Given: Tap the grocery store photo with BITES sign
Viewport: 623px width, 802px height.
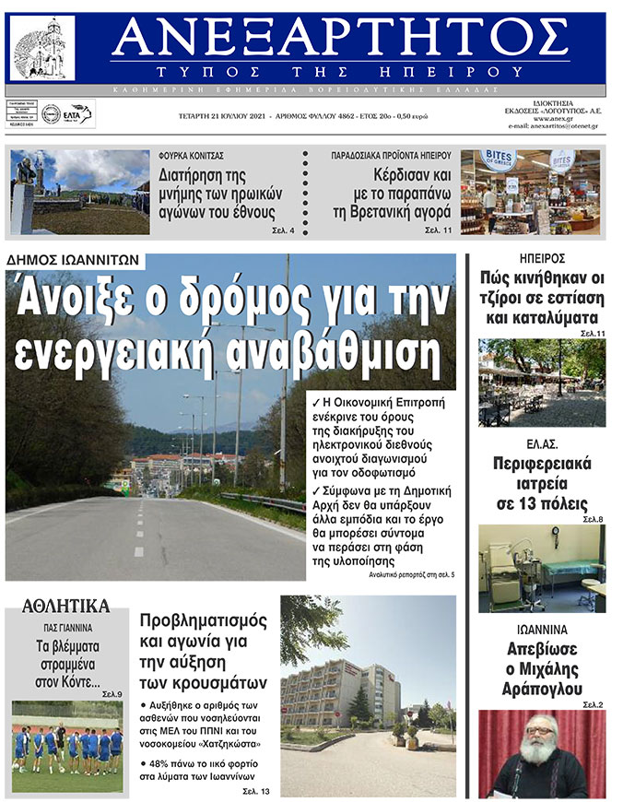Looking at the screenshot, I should point(530,192).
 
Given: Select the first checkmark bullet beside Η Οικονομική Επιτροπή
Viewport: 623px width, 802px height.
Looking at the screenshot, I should point(315,402).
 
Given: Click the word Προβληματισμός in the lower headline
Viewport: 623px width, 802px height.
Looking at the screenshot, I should point(204,619).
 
